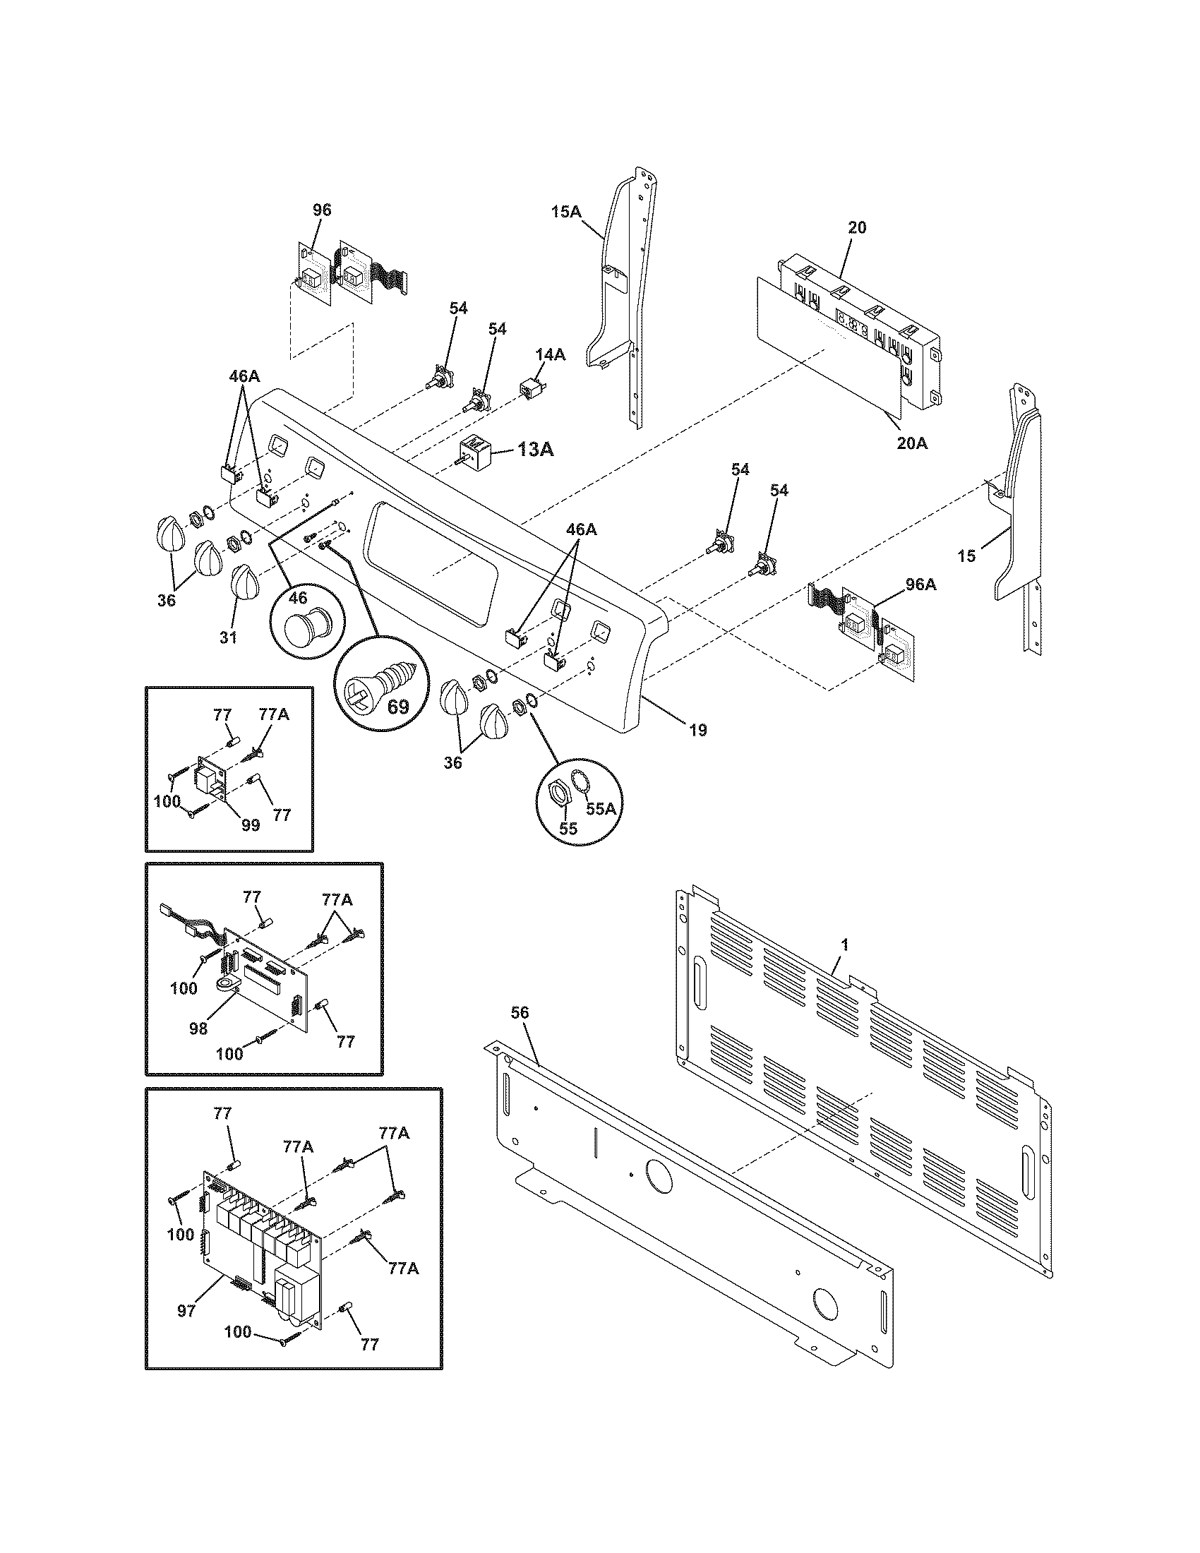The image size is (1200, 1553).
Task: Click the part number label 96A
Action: (920, 584)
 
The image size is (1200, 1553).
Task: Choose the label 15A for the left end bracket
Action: (566, 211)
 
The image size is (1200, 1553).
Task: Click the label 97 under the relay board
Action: (186, 1311)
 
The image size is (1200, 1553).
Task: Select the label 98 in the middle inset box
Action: (198, 1028)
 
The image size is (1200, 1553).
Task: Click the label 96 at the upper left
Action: (322, 210)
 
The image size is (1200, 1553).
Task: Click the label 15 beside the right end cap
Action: (967, 556)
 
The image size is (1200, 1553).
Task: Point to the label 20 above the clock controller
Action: (858, 227)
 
